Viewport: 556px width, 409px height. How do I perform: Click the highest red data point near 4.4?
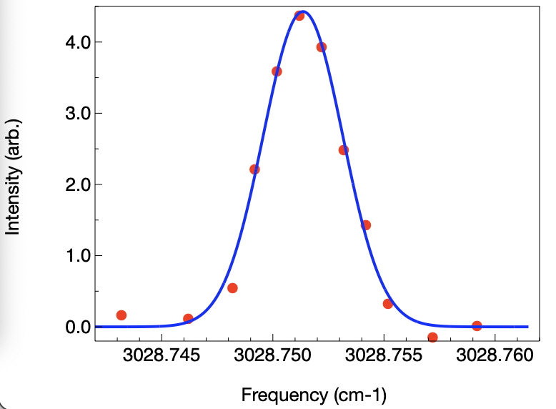299,16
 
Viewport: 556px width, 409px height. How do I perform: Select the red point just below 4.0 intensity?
322,47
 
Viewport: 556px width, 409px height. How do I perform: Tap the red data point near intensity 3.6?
277,72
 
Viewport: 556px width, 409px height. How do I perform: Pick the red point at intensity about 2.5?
344,150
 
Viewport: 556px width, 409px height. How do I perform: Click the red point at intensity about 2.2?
254,169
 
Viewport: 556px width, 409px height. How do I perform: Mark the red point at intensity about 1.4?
366,225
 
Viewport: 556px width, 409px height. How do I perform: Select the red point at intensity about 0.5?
232,288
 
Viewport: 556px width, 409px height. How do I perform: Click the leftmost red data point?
121,315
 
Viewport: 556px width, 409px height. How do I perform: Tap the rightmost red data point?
477,326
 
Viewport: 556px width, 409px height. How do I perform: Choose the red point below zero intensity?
432,337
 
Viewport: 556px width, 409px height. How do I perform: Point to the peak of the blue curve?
302,11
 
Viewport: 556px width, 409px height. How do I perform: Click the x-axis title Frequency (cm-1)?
314,394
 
